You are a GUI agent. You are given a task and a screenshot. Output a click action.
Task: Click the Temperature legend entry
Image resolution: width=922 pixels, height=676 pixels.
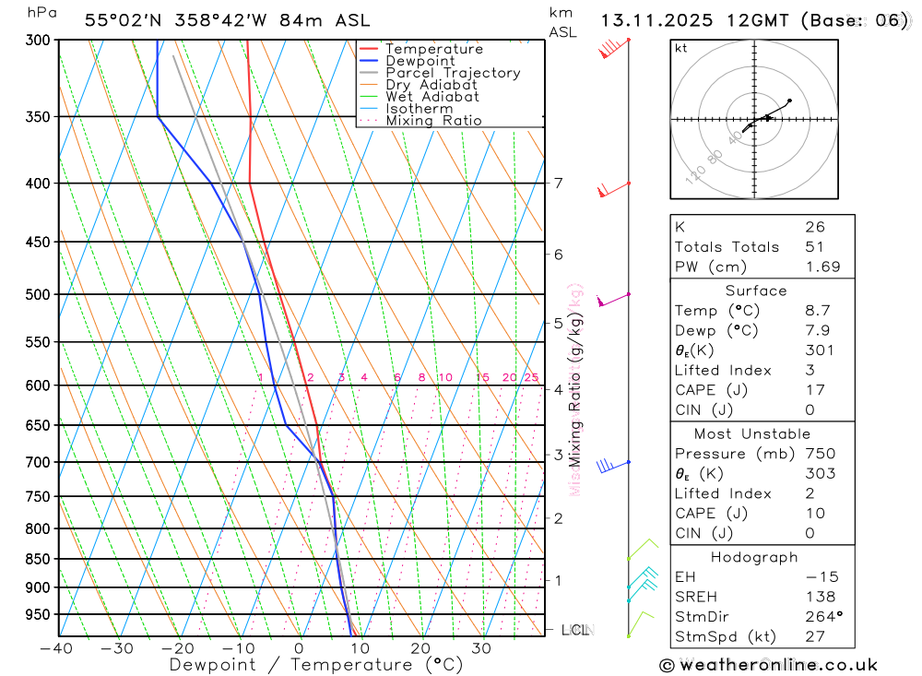click(x=433, y=49)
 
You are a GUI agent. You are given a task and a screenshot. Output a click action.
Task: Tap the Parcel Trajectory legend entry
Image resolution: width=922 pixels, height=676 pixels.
click(x=453, y=73)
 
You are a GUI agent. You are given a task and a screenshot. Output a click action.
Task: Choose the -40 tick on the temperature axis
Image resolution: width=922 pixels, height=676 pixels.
click(x=56, y=648)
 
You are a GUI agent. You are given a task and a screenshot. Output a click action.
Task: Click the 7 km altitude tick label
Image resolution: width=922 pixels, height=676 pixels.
click(x=558, y=184)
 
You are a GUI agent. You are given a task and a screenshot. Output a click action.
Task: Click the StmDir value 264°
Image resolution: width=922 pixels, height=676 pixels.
click(x=822, y=617)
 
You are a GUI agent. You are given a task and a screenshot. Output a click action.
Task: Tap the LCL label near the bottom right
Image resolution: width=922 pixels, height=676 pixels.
click(x=575, y=630)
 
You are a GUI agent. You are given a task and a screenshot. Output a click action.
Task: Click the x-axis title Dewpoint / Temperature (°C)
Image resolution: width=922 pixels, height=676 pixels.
click(x=316, y=665)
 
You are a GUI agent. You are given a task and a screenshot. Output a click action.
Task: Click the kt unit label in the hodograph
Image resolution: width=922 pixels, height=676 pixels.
click(x=681, y=48)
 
